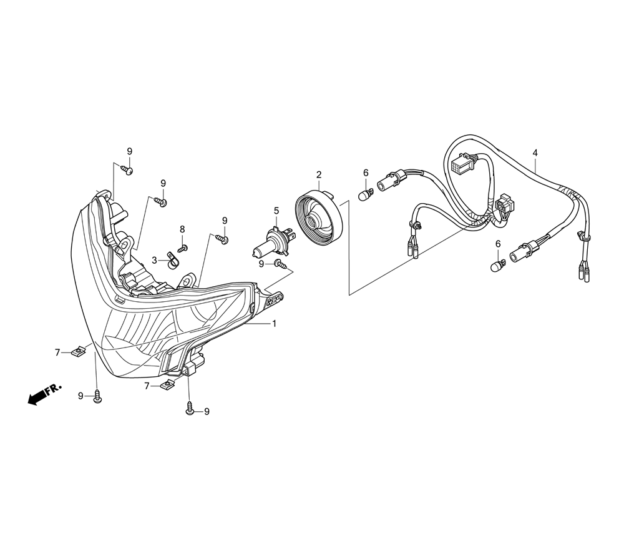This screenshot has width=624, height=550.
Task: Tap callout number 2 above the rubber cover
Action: pos(318,174)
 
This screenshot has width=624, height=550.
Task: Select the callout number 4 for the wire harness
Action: pos(535,152)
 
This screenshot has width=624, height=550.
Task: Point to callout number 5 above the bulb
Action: pos(276,211)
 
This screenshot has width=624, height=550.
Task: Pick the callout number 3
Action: pos(154,259)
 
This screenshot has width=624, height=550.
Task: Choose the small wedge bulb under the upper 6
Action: pos(366,193)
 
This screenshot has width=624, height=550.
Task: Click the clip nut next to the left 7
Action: pos(79,352)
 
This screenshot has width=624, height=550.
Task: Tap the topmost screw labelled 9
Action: pos(128,169)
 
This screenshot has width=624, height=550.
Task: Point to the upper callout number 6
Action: pos(366,173)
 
